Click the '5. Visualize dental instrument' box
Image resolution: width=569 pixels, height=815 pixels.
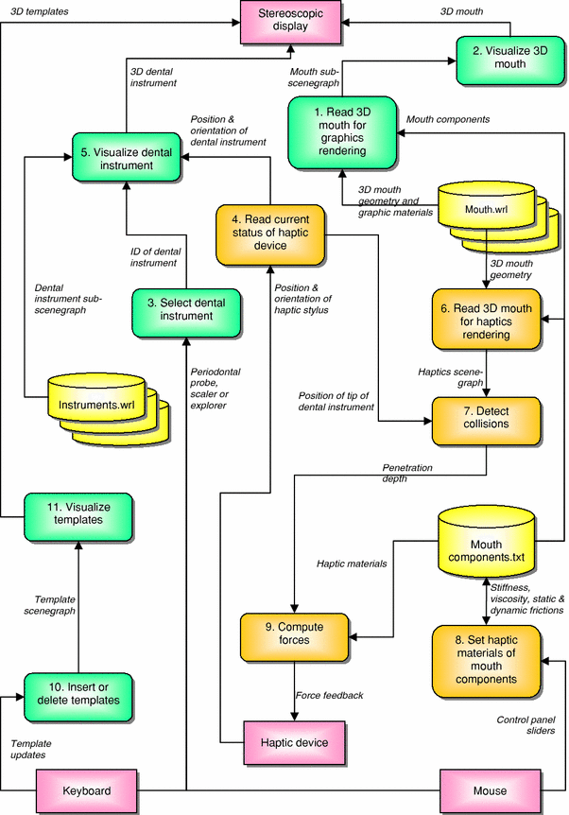click(127, 159)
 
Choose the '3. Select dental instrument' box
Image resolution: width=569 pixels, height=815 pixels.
click(185, 309)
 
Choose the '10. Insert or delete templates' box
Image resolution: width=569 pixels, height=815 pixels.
click(79, 693)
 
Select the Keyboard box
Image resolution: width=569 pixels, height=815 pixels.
click(87, 790)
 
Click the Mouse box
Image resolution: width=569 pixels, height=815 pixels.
click(488, 790)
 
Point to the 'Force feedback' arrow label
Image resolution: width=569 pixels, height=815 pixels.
click(330, 695)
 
